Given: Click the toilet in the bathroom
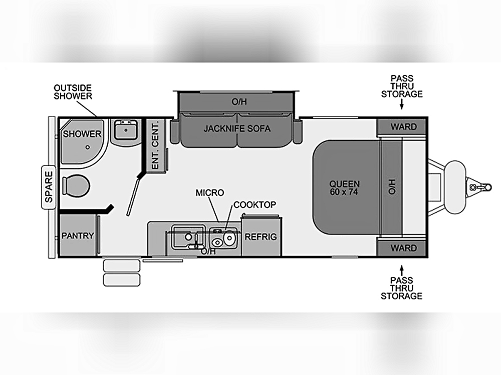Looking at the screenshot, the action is tap(76, 185).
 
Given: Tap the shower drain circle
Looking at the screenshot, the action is tap(88, 147).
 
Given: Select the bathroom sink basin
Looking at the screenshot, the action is tap(126, 129).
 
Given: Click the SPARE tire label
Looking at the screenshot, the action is tap(49, 187).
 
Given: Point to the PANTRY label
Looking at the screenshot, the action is tap(78, 235).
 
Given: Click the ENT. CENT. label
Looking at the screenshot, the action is tap(155, 145).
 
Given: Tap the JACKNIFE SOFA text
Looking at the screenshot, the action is tap(237, 128).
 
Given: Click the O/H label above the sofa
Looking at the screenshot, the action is tap(239, 101).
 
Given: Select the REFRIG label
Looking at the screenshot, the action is tap(261, 236).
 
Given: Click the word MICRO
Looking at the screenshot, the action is tap(210, 192).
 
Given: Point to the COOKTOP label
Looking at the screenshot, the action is tap(255, 204).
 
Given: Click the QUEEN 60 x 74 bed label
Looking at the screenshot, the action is tap(345, 188).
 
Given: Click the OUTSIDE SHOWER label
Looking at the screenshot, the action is tap(73, 92).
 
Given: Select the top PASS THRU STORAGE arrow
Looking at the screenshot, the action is tap(402, 104).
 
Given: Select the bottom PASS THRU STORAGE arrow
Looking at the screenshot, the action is tap(402, 270).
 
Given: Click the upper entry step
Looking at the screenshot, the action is tap(121, 265).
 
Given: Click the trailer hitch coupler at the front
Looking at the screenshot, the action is tap(479, 187).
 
